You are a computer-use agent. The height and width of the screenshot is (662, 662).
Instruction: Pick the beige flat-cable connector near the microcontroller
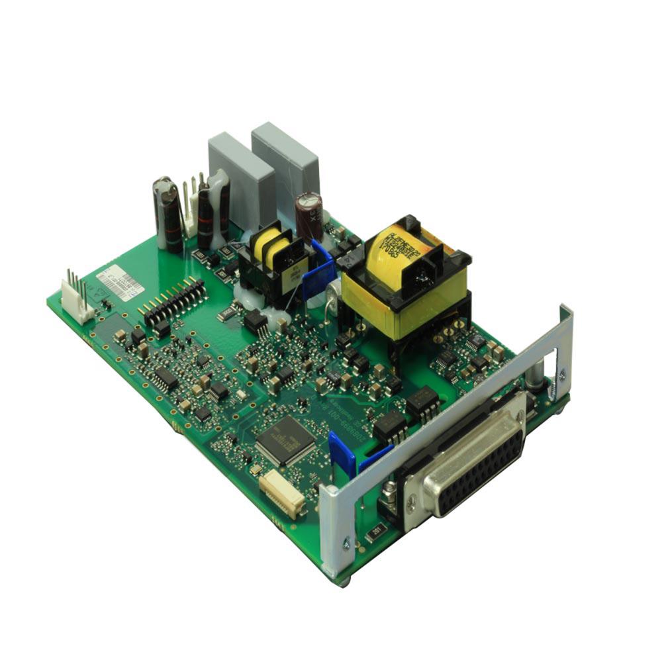coord(282,494)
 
